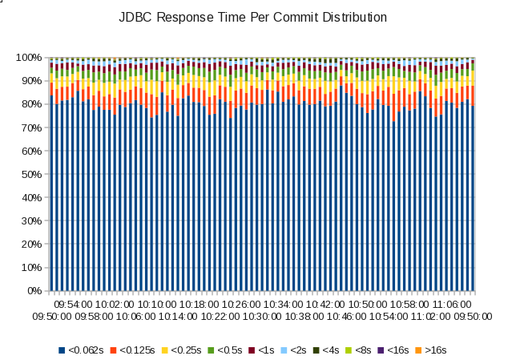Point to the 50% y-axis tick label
(32, 174)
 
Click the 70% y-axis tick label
(32, 127)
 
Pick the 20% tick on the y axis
(32, 245)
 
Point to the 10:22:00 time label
(209, 317)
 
